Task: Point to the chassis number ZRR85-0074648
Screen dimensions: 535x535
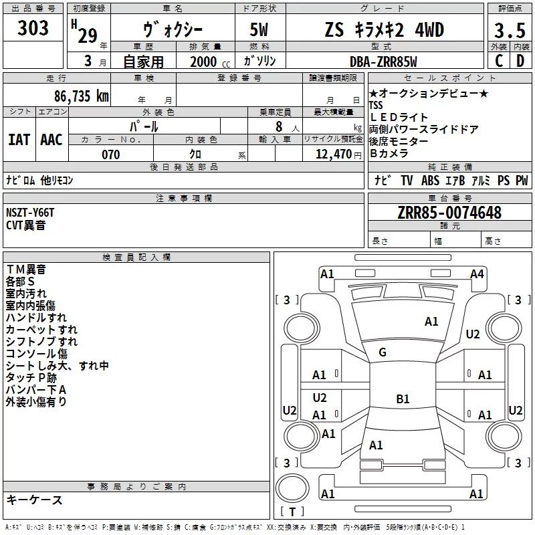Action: click(x=449, y=213)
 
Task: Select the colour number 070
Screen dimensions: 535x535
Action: click(x=110, y=154)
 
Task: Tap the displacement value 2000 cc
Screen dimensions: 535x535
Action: click(x=209, y=62)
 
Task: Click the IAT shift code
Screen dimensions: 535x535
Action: click(x=19, y=139)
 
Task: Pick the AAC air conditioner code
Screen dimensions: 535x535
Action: click(x=51, y=139)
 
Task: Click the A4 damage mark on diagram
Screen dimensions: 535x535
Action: click(x=477, y=274)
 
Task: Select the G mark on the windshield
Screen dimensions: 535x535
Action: click(x=383, y=352)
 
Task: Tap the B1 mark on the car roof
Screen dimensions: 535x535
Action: click(x=403, y=399)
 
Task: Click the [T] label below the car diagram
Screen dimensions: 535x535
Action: click(x=292, y=512)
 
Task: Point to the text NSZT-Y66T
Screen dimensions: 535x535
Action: click(x=30, y=213)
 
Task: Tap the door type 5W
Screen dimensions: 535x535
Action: click(x=260, y=30)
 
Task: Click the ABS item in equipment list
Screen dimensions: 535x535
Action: click(x=431, y=181)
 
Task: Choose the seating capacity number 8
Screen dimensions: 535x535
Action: click(x=276, y=126)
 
